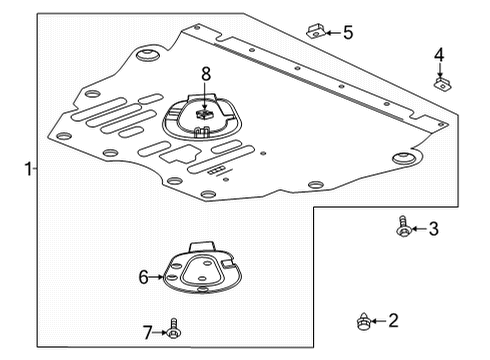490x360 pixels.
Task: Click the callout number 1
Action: [28, 169]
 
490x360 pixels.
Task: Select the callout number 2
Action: [393, 320]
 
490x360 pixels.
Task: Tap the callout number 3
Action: [433, 230]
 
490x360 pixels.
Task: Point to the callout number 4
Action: [438, 55]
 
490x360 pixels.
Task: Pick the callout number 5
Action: [347, 33]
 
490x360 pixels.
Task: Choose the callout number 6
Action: [143, 277]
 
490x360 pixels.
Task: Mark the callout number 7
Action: [146, 331]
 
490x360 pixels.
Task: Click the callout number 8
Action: [205, 73]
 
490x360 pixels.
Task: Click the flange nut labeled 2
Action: [362, 321]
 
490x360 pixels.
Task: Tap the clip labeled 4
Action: [439, 83]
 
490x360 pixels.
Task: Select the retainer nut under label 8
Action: [204, 113]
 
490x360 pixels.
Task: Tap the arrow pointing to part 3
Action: [419, 230]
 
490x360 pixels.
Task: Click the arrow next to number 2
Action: [378, 321]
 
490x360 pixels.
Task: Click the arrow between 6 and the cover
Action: [157, 277]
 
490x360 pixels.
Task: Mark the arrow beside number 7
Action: [160, 331]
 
